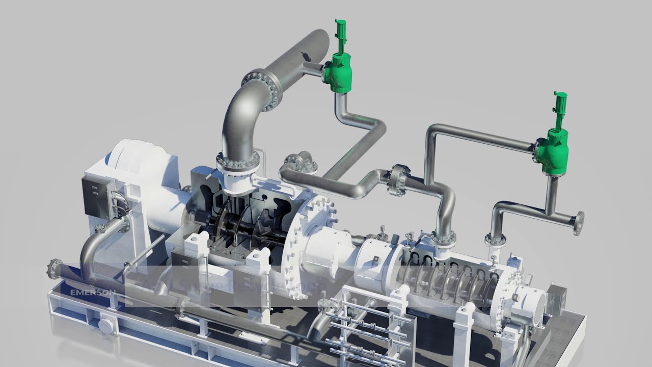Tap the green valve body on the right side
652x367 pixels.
551,150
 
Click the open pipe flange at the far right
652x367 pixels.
578,223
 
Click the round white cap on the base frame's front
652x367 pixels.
106,324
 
